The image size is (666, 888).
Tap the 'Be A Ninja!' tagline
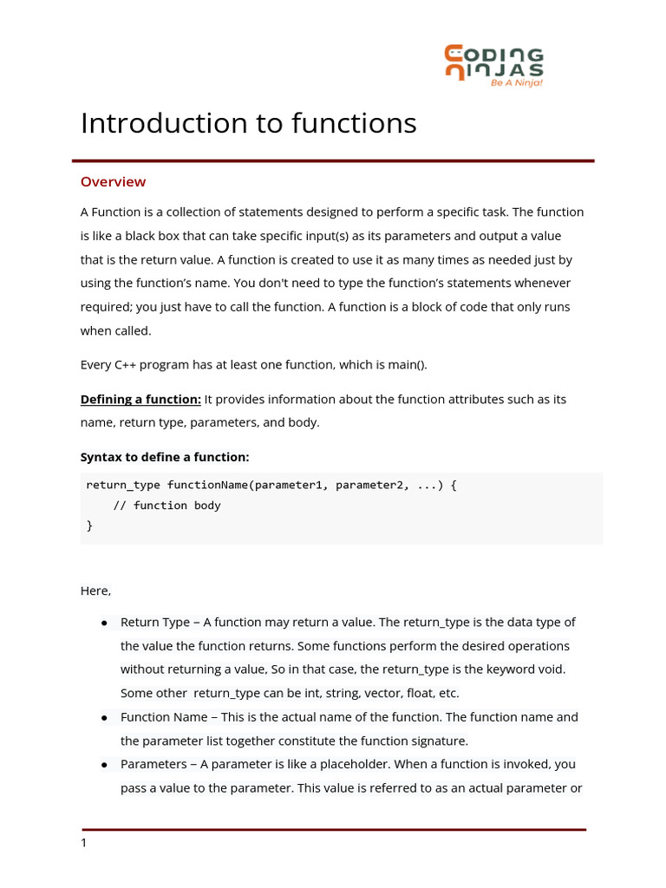pyautogui.click(x=517, y=82)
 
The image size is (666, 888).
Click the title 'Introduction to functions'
pyautogui.click(x=248, y=123)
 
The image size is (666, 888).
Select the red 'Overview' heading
pyautogui.click(x=113, y=181)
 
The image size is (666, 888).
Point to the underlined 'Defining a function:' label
pyautogui.click(x=140, y=399)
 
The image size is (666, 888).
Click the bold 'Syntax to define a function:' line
pyautogui.click(x=165, y=457)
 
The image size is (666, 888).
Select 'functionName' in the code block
pyautogui.click(x=207, y=485)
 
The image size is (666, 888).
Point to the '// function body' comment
pyautogui.click(x=166, y=505)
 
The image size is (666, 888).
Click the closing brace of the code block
pyautogui.click(x=89, y=525)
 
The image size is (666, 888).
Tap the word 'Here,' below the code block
pyautogui.click(x=95, y=591)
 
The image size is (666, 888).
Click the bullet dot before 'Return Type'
pyautogui.click(x=104, y=623)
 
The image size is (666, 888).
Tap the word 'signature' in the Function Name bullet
pyautogui.click(x=439, y=741)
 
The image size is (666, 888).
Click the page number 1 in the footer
pyautogui.click(x=83, y=843)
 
